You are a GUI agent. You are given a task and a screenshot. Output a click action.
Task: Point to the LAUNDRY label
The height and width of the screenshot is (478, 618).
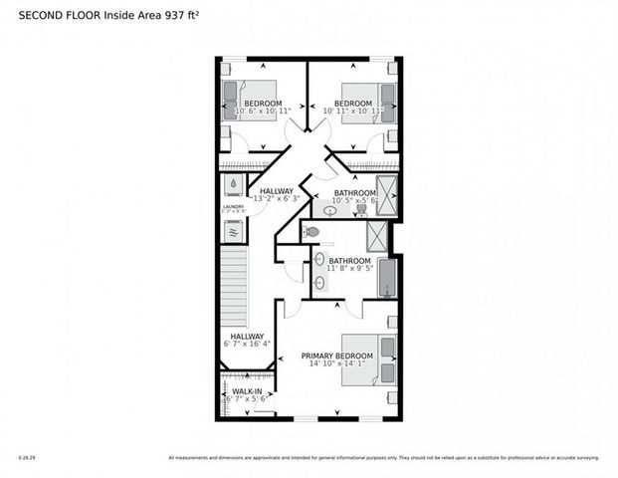point(233,207)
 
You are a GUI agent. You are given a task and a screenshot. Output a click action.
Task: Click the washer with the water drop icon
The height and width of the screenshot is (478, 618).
point(233,184)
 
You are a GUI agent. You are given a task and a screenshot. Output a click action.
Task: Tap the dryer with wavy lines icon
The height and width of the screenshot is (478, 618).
point(233,231)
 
